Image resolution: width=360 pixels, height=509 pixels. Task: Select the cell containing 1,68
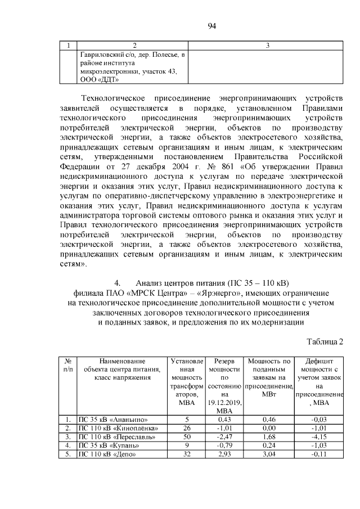268,436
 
